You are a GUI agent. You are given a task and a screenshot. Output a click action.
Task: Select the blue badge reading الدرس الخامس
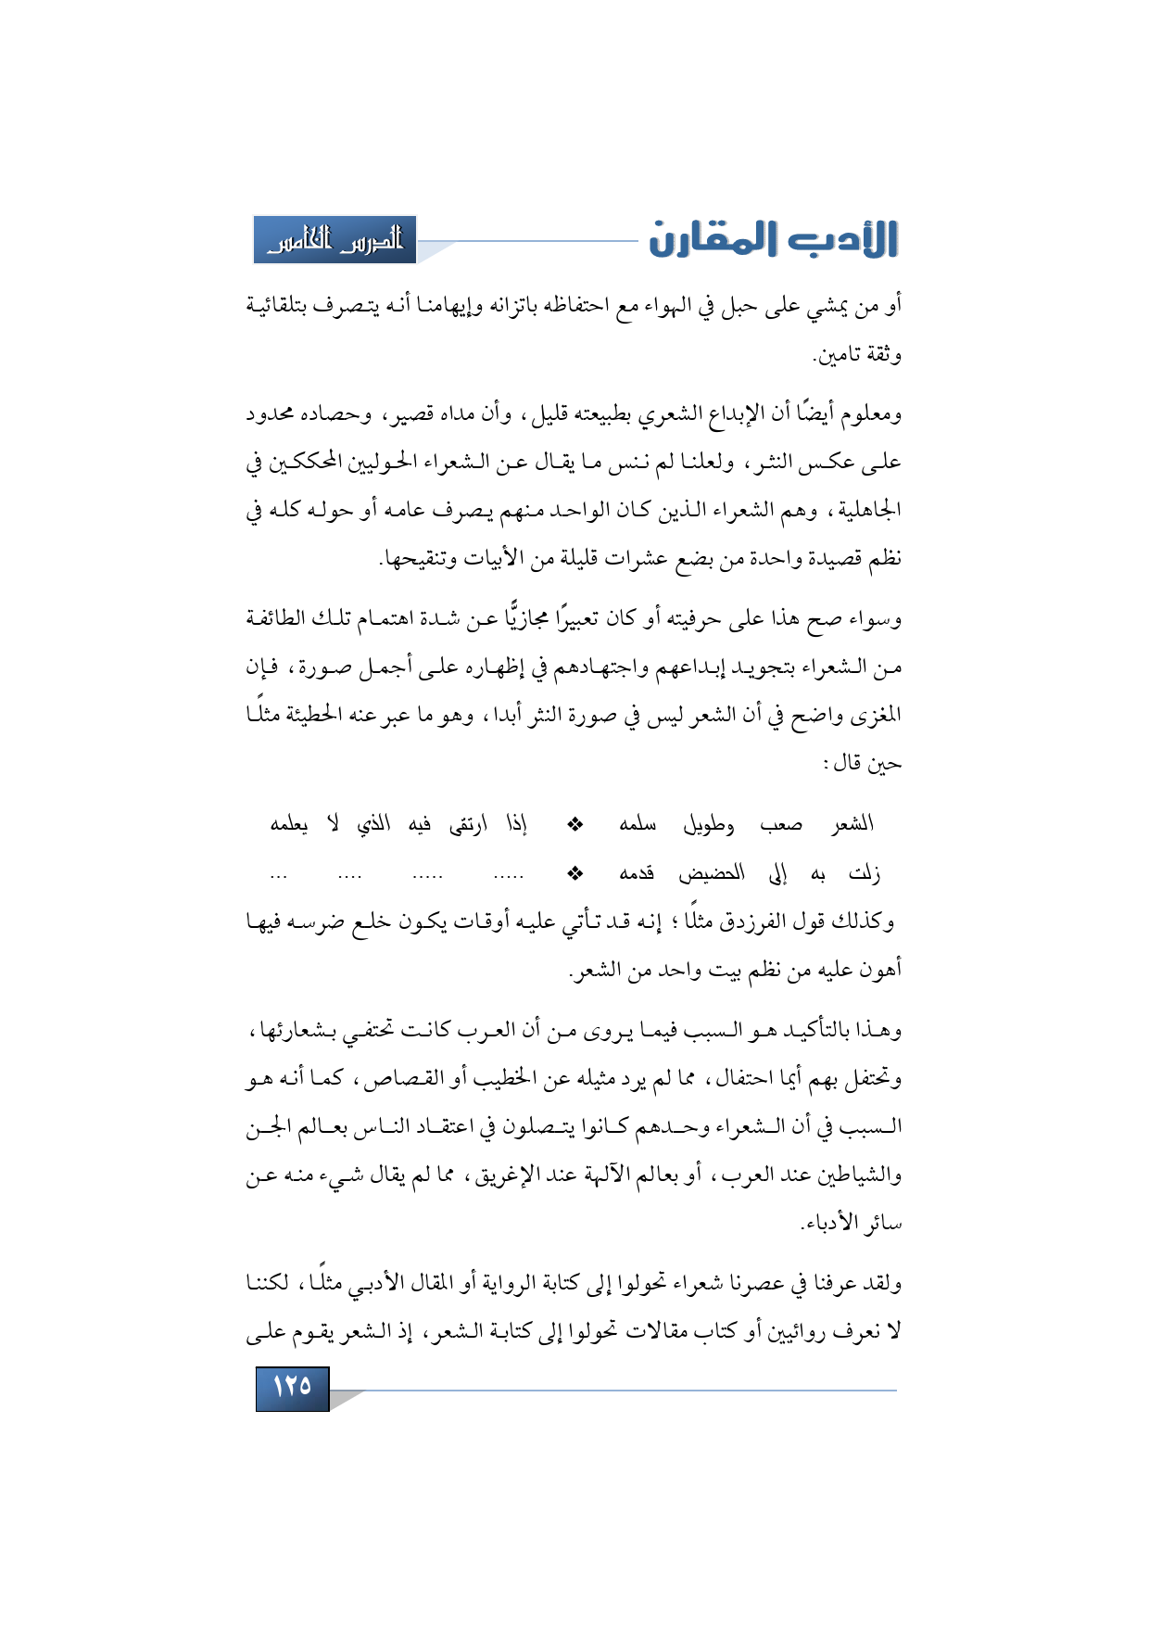pyautogui.click(x=335, y=240)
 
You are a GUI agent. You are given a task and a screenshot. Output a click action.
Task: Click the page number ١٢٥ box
pyautogui.click(x=292, y=1388)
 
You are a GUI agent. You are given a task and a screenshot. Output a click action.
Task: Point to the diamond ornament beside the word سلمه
pyautogui.click(x=575, y=824)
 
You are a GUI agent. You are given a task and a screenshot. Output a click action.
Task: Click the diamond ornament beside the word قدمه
pyautogui.click(x=575, y=872)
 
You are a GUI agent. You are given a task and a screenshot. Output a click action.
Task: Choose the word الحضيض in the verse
pyautogui.click(x=713, y=872)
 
